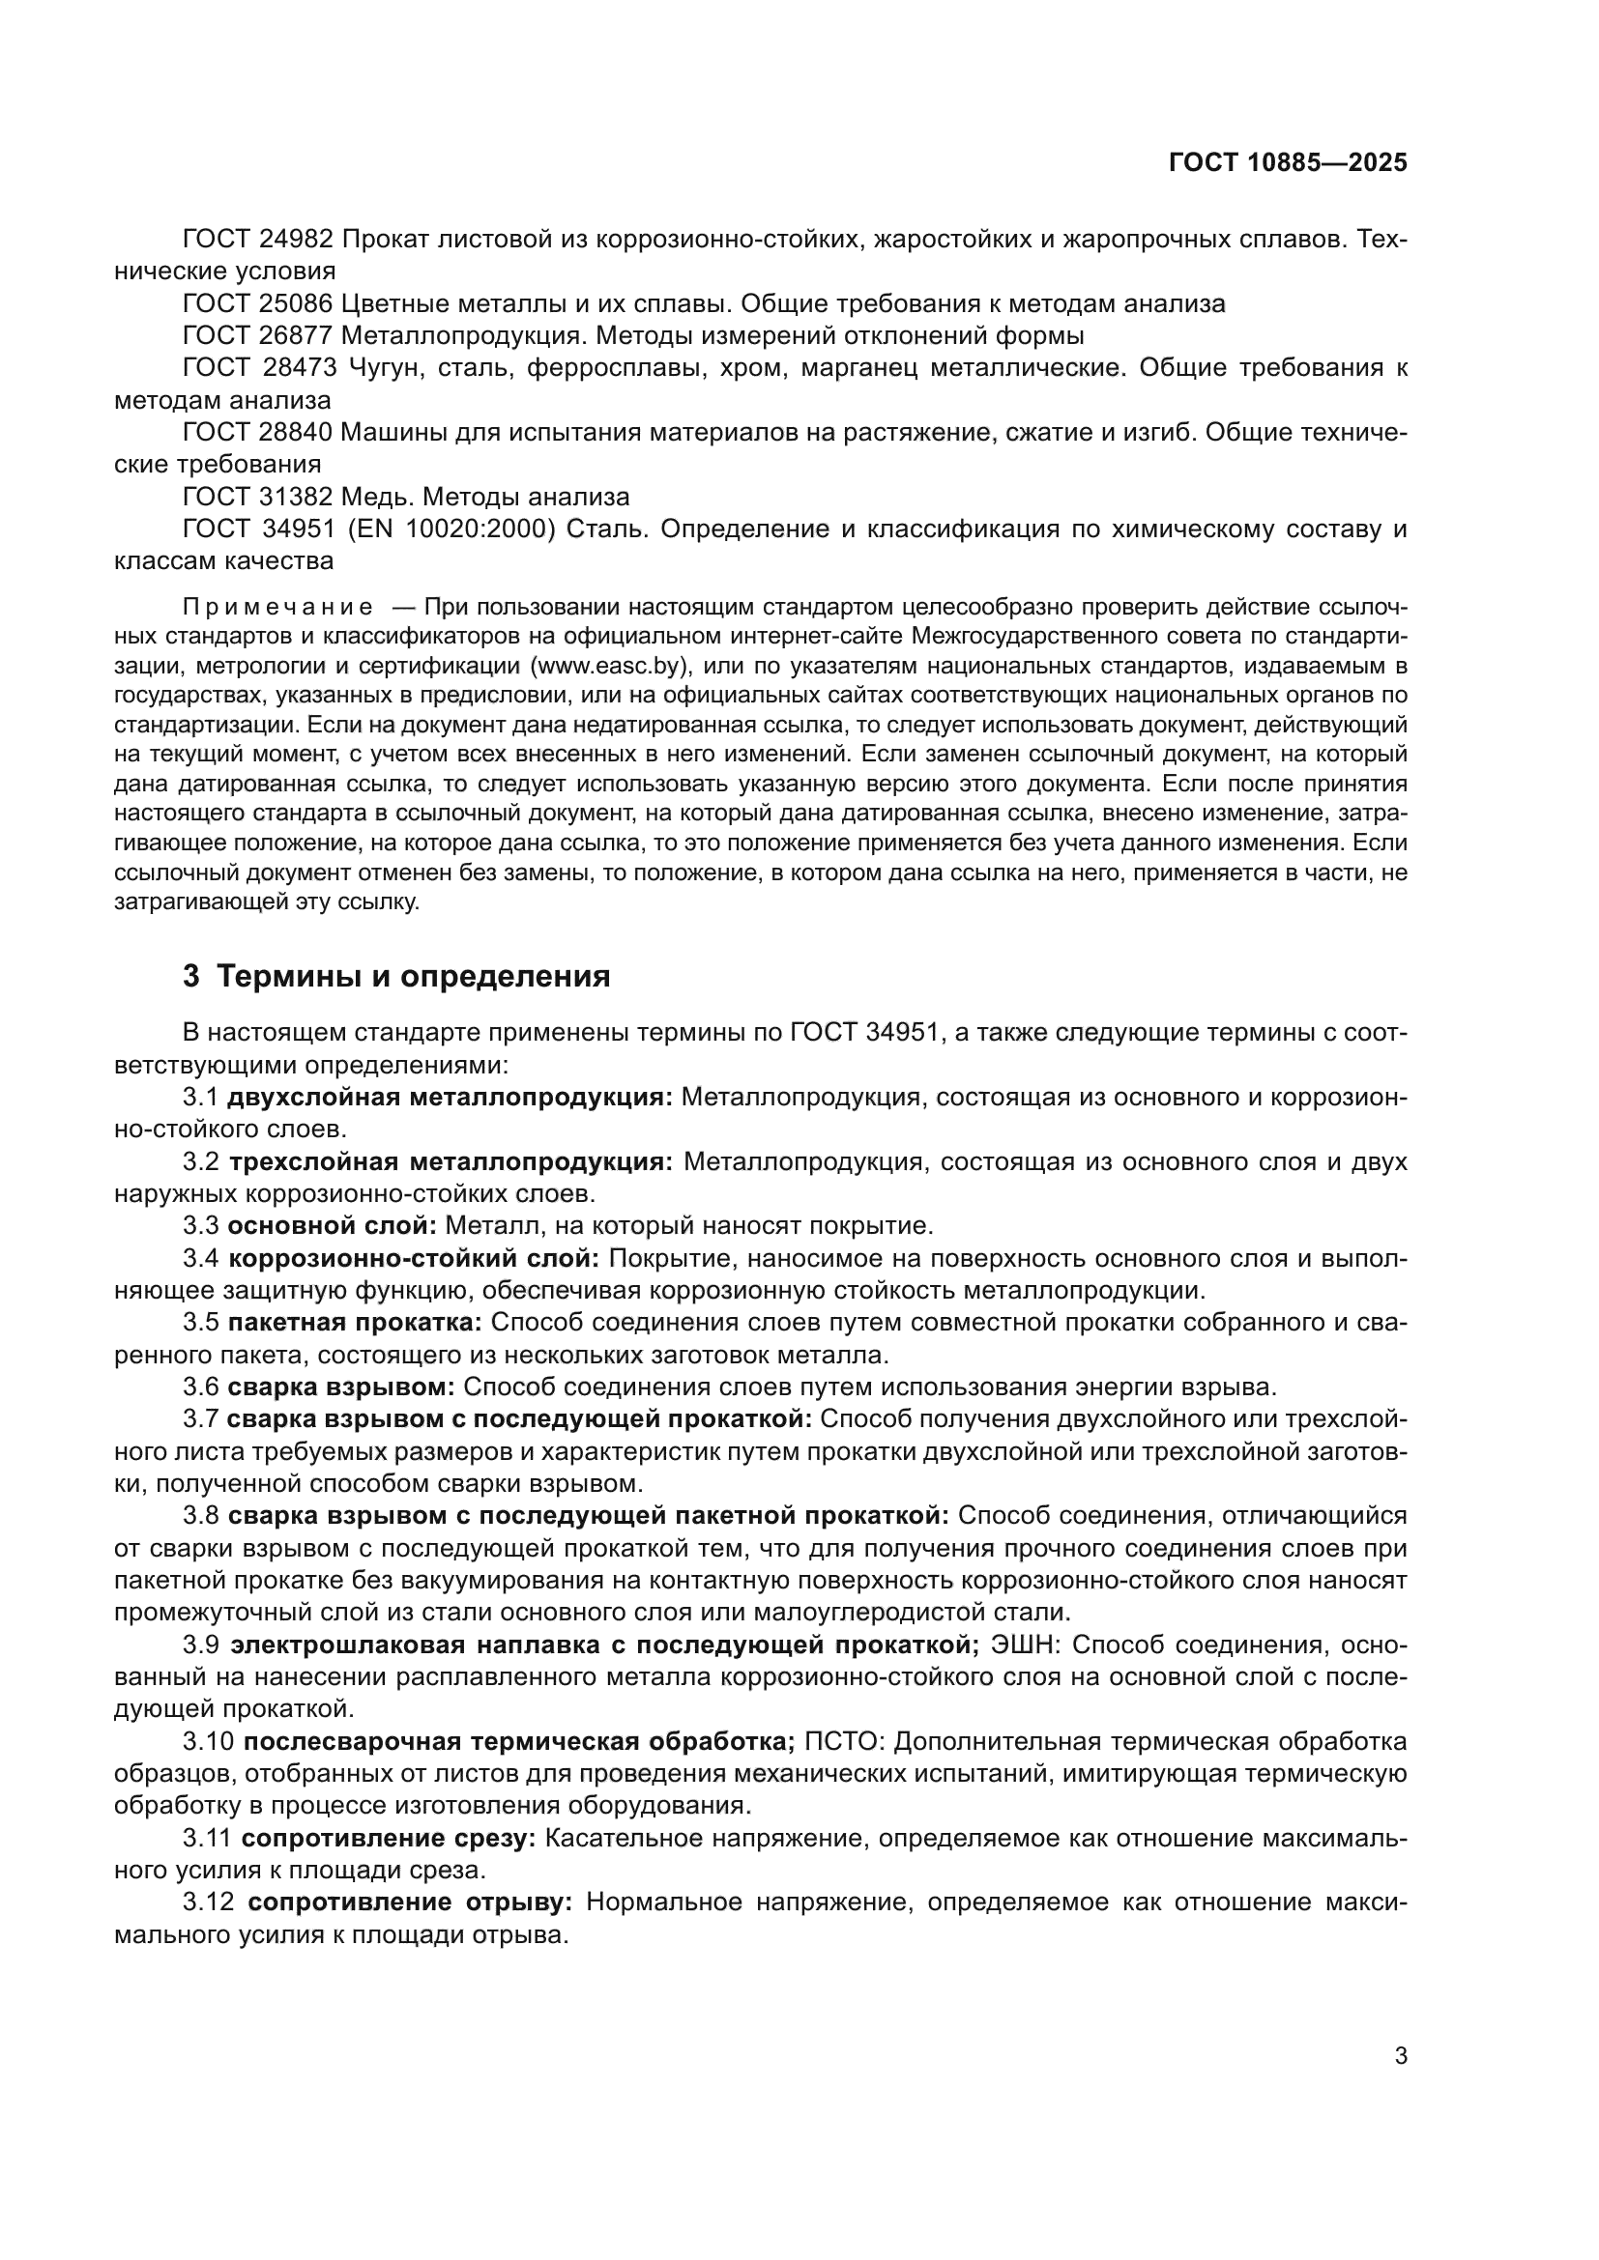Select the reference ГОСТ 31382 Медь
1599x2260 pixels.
[x=296, y=497]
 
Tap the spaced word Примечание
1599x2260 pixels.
[x=276, y=606]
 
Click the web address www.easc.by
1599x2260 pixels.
[x=606, y=666]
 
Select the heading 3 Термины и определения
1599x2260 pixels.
[x=395, y=977]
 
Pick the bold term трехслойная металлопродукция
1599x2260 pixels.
[x=451, y=1161]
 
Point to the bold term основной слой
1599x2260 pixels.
[x=332, y=1225]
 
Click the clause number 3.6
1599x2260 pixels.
[x=201, y=1387]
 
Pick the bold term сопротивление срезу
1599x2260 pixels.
[x=389, y=1838]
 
